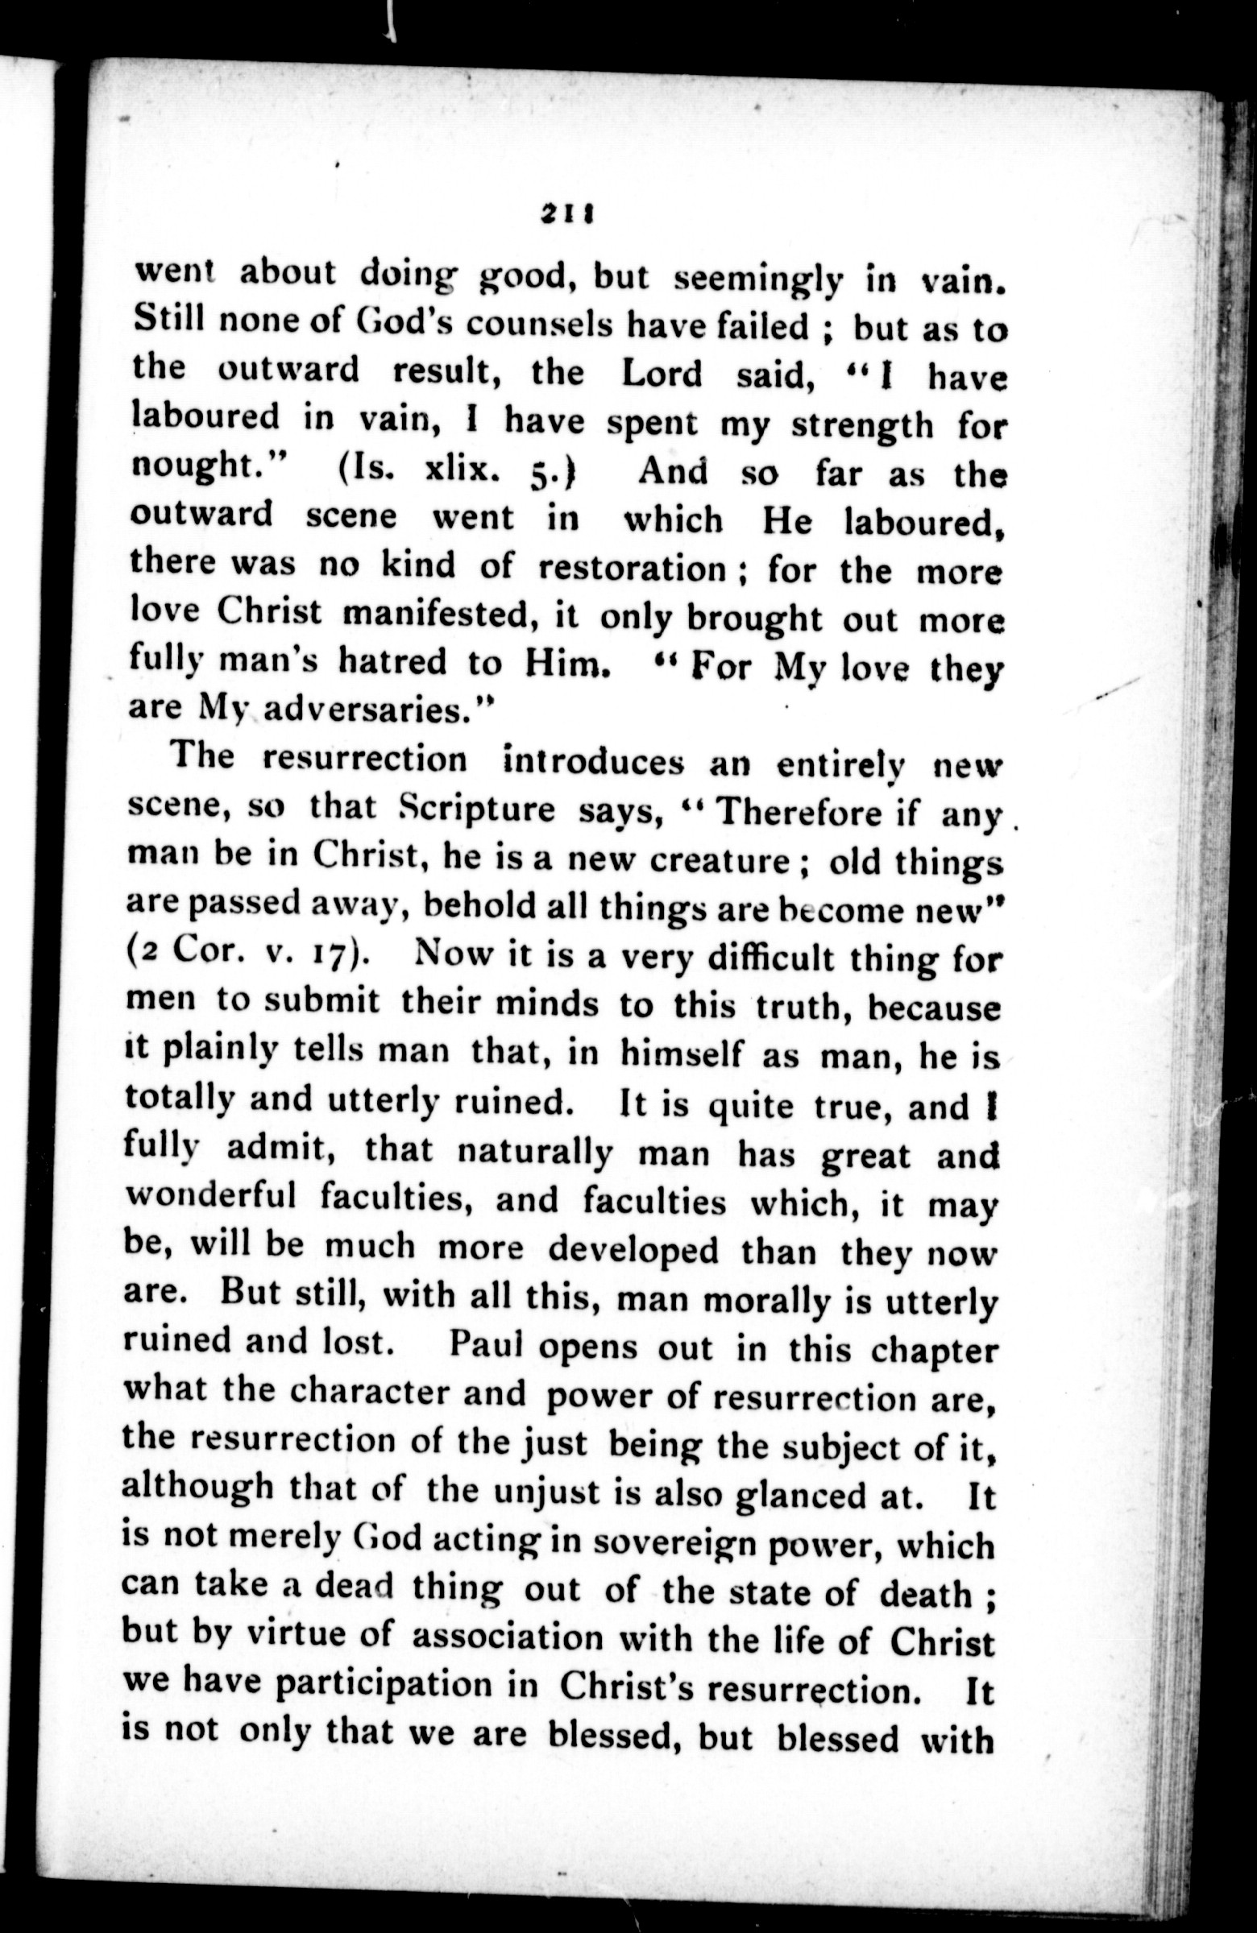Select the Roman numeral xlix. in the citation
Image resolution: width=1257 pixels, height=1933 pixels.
[x=459, y=471]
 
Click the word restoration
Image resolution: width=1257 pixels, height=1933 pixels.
[x=633, y=569]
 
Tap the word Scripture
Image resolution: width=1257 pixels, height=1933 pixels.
[x=479, y=809]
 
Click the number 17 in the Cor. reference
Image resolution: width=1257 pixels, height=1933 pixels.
[x=334, y=957]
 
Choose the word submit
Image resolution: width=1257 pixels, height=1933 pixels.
[x=321, y=1002]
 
